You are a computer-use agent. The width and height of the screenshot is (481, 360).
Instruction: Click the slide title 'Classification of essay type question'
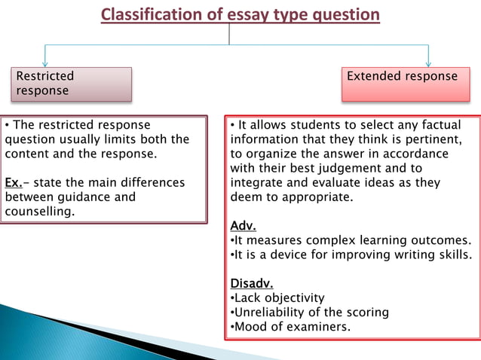(x=240, y=14)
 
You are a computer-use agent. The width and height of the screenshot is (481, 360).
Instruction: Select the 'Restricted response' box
(x=71, y=84)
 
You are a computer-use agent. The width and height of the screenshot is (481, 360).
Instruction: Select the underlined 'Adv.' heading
(x=243, y=225)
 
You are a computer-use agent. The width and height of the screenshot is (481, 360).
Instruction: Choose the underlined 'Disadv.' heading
(x=251, y=283)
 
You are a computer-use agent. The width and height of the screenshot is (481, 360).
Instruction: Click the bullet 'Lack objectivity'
(x=279, y=298)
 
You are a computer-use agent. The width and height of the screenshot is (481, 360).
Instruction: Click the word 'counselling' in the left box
(x=39, y=211)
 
